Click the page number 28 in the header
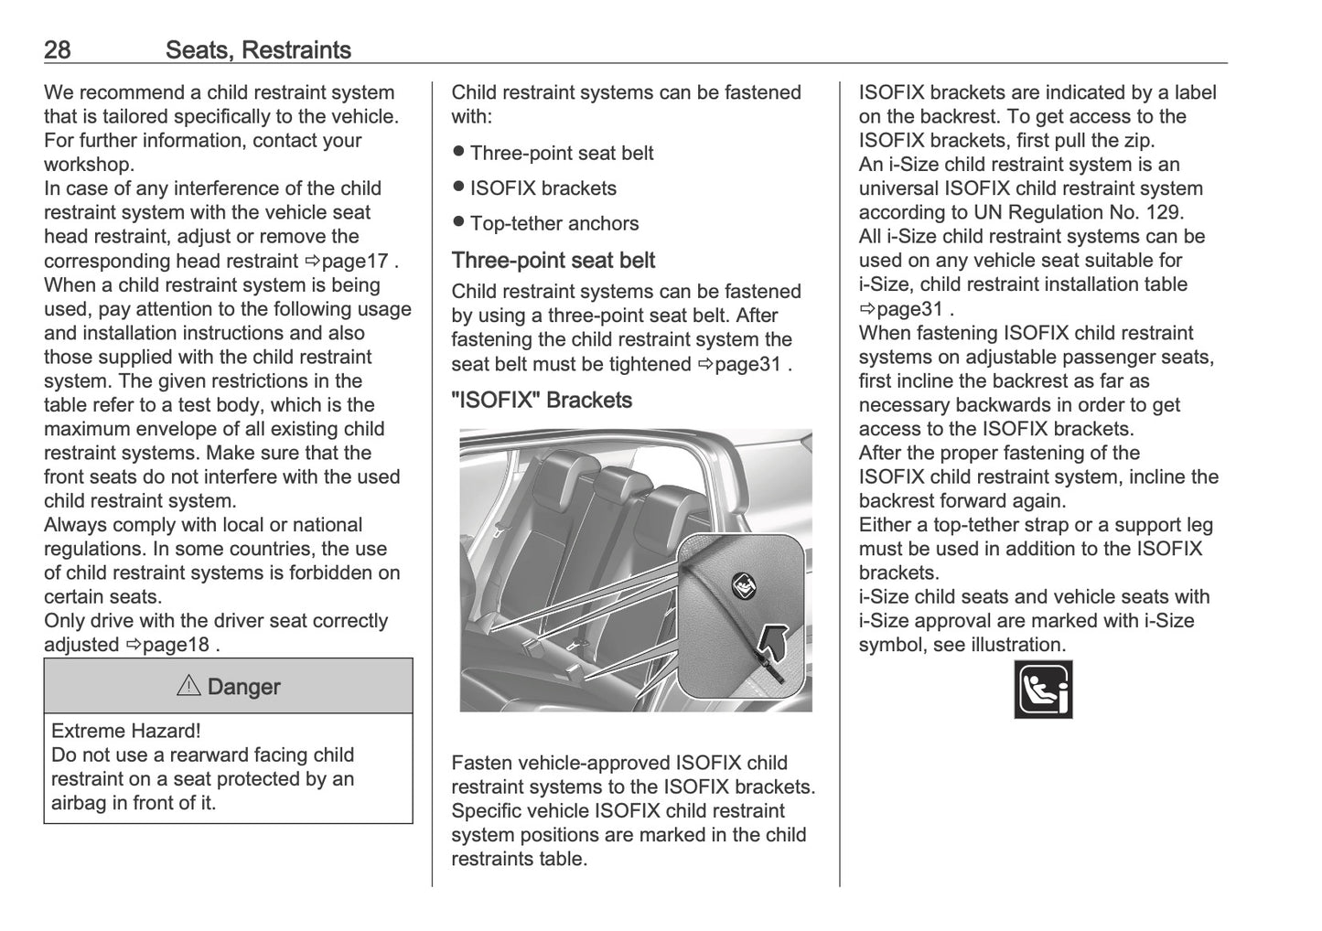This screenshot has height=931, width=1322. [x=57, y=49]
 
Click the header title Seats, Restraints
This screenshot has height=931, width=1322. [x=258, y=49]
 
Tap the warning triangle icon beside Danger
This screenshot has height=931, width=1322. [x=188, y=686]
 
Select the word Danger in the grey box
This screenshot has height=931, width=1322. [x=243, y=687]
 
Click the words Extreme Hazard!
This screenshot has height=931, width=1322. [x=126, y=731]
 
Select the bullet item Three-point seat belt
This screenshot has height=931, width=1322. [x=561, y=153]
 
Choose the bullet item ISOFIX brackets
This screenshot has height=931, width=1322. [x=543, y=188]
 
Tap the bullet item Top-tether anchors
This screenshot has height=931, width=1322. [x=554, y=223]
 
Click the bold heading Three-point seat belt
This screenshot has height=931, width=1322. [x=553, y=261]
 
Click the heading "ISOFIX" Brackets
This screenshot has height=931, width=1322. [x=542, y=401]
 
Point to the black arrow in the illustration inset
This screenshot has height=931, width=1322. [x=775, y=639]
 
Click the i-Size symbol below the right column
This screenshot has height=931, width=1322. [x=1043, y=690]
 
